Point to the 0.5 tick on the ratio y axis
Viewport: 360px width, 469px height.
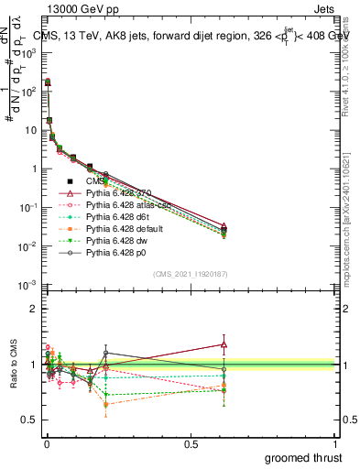click(x=27, y=420)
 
